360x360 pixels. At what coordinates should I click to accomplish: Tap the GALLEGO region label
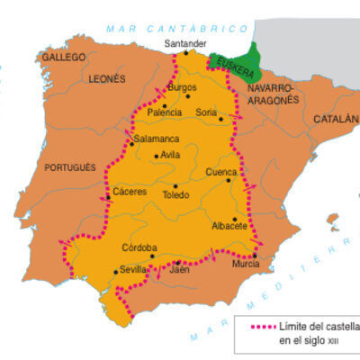click(63, 57)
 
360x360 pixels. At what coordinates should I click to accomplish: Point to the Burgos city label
click(182, 86)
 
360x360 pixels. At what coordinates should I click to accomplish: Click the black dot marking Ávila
click(157, 156)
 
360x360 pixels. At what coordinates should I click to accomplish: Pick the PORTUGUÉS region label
click(67, 167)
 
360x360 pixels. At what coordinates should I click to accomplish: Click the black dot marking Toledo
click(175, 186)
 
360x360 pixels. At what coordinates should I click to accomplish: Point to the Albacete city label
click(229, 226)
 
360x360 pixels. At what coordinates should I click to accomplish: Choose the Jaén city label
click(180, 269)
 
